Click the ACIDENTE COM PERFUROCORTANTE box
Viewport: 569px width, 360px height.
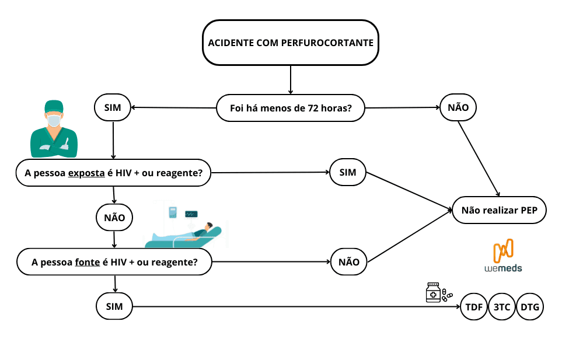tap(291, 43)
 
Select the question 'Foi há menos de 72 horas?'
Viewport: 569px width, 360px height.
tap(291, 108)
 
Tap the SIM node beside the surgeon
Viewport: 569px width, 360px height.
tap(113, 108)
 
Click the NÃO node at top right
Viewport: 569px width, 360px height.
tap(458, 108)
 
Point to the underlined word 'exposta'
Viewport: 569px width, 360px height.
tap(86, 173)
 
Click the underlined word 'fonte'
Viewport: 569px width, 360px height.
tap(88, 263)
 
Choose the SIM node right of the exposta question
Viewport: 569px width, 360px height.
tap(348, 173)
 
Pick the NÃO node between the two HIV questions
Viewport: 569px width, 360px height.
tap(114, 218)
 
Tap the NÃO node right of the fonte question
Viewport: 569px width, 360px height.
tap(349, 262)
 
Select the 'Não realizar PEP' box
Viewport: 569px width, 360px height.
tap(499, 210)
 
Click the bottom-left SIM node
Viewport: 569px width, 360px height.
tap(114, 307)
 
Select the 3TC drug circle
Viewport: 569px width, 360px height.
tap(502, 307)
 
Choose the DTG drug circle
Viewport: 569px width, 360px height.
tap(530, 307)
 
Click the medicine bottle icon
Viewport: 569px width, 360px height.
tap(433, 293)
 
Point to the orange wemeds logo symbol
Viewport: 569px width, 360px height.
tap(503, 251)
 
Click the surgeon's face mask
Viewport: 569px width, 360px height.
tap(54, 121)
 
